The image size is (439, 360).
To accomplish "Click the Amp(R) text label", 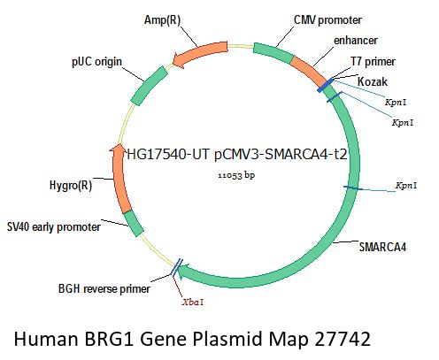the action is [162, 20].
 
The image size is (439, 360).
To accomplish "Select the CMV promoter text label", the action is [327, 20].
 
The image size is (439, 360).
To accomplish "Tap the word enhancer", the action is [356, 41].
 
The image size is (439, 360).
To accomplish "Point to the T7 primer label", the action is [373, 62].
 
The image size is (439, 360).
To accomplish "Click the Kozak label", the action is [373, 81].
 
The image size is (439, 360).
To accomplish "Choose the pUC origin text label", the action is [96, 62].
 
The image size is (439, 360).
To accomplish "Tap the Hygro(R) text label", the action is [71, 186].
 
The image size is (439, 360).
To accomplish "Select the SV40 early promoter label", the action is [54, 227].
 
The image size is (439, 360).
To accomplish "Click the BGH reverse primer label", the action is [104, 288].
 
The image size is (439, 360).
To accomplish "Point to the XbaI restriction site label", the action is [193, 303].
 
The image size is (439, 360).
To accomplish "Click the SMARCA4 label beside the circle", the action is [382, 247].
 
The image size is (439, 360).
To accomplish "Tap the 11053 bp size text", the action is [236, 175].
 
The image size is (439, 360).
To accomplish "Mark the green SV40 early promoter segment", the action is [133, 223].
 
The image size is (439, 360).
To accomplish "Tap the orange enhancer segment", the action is [311, 69].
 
